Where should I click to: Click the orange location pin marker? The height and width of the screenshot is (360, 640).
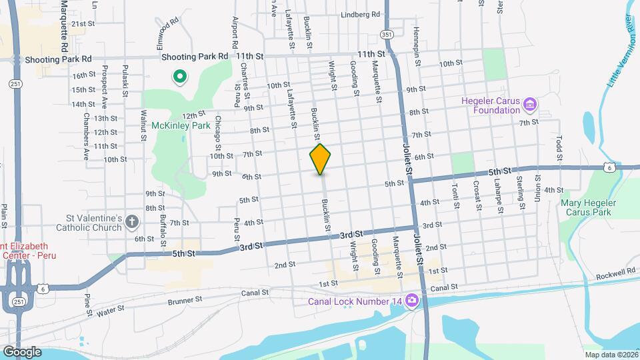tap(321, 159)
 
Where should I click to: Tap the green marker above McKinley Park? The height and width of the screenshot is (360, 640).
tap(179, 77)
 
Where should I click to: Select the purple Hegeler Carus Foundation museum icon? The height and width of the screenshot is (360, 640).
tap(530, 105)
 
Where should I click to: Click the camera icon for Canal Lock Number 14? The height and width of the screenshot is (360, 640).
tap(412, 301)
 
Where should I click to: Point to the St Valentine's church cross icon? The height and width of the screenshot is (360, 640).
tap(132, 222)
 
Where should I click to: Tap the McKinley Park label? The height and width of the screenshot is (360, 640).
tap(176, 123)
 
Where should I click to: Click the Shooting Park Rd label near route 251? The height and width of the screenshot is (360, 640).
tap(58, 59)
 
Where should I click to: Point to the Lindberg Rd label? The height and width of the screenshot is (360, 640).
tap(360, 14)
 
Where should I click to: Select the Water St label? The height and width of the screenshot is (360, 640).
tap(111, 311)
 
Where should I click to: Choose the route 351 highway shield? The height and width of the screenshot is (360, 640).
tap(387, 33)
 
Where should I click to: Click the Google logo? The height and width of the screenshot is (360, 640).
tap(21, 351)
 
